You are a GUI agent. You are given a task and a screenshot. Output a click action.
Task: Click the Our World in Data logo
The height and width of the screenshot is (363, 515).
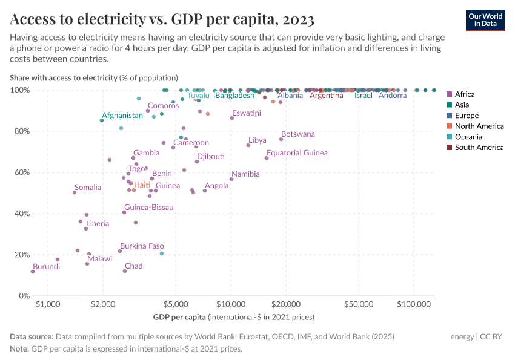click(485, 20)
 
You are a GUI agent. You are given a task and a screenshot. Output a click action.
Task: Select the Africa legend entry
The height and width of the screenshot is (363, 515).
click(465, 94)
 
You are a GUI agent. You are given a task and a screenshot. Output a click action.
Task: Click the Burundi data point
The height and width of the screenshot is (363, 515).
click(33, 272)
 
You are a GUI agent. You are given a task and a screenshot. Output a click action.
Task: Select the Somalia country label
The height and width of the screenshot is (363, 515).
click(88, 188)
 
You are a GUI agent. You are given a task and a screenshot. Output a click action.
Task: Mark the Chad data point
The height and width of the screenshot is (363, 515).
click(125, 271)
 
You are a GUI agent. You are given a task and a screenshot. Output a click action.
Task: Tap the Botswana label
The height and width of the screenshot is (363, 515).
click(298, 134)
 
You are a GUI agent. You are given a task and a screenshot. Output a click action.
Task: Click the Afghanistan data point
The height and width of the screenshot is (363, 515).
click(102, 120)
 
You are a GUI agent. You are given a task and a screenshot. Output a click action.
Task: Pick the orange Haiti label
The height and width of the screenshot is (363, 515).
click(142, 185)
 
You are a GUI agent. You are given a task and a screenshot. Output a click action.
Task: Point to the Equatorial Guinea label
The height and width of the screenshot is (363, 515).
click(297, 153)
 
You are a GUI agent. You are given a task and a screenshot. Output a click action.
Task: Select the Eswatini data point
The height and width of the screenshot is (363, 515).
click(232, 118)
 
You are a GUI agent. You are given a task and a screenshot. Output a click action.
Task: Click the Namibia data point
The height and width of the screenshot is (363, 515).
click(231, 179)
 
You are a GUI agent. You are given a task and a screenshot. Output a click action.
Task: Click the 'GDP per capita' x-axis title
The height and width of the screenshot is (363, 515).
click(179, 317)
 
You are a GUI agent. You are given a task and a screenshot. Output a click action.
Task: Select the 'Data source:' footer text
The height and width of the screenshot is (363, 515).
click(32, 336)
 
